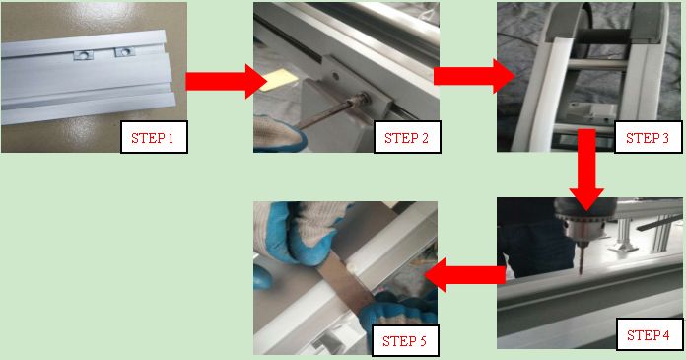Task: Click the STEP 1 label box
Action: [x=154, y=137]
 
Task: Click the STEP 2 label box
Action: [x=407, y=137]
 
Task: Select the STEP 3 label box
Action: [x=648, y=137]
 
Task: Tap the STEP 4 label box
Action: [x=649, y=334]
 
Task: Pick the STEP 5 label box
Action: [x=405, y=340]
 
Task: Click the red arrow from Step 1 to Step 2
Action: [x=226, y=82]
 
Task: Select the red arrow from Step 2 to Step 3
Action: [x=474, y=76]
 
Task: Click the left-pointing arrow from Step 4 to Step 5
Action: [x=464, y=275]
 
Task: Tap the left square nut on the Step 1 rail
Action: [x=83, y=55]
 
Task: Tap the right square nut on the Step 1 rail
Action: [x=124, y=52]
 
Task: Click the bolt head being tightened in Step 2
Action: [x=364, y=99]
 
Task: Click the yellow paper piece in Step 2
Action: [x=278, y=80]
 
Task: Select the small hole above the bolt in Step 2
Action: [x=335, y=77]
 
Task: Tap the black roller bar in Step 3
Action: [x=604, y=36]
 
